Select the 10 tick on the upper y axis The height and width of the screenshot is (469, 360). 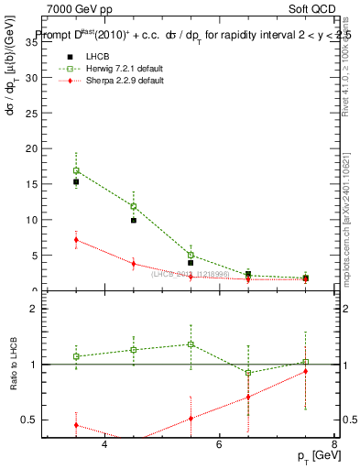(x=34, y=220)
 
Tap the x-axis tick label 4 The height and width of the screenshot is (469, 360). (x=104, y=445)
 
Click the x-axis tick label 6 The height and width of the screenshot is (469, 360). (x=219, y=445)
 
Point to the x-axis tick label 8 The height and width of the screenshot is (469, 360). (x=333, y=445)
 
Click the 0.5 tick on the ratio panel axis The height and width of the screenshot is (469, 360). (x=32, y=420)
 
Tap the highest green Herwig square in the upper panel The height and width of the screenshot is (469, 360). (x=76, y=170)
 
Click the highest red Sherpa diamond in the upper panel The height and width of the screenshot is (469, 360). (x=76, y=240)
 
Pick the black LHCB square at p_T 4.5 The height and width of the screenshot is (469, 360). (x=134, y=221)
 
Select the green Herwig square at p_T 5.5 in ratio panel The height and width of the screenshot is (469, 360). (x=191, y=344)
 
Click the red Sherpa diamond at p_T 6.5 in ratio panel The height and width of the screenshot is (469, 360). (x=248, y=397)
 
